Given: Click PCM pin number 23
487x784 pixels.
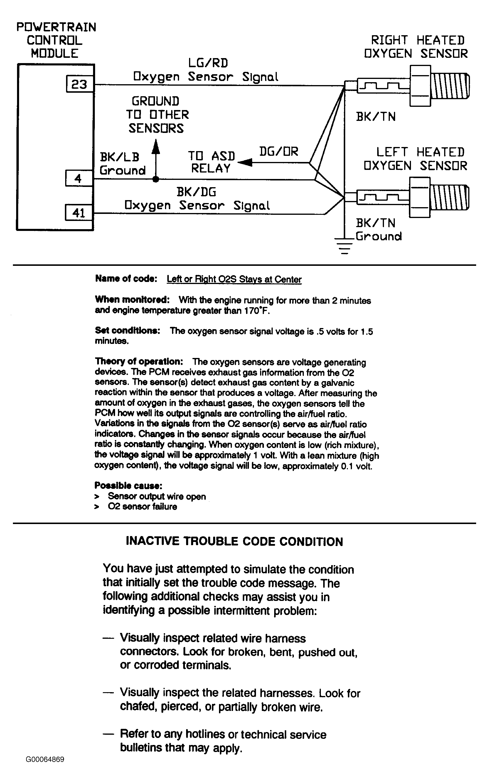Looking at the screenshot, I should coord(80,84).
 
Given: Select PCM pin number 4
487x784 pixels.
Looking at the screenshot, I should coord(78,178).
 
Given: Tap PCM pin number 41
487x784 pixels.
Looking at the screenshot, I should coord(79,213).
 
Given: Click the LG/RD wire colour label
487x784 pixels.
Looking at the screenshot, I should coord(208,63).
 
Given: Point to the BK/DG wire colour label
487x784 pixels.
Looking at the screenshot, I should coord(196,192).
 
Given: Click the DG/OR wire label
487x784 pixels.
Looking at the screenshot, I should coord(279,151).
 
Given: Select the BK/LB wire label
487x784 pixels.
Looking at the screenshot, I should coord(119,157).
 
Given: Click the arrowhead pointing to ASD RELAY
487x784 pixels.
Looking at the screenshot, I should coord(244,163).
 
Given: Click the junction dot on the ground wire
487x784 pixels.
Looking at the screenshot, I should coord(156,179).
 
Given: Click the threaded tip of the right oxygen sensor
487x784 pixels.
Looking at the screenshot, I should coord(450,86).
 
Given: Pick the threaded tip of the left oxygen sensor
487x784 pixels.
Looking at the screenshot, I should coord(450,197).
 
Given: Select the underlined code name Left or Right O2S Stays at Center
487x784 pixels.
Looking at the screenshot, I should coord(234,279).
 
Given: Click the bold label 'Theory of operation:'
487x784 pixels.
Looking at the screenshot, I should coord(139,361).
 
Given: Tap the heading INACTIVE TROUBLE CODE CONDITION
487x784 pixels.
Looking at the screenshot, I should coord(234,542).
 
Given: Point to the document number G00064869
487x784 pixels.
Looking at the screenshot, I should coord(45,759).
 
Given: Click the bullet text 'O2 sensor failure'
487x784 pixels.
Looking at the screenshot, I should coord(142,506).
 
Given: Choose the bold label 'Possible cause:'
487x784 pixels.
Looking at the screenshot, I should coord(128,485).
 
